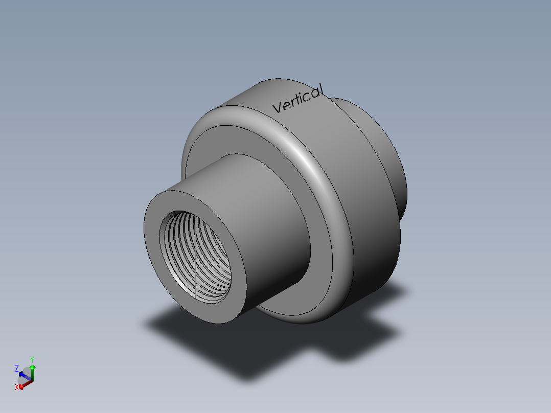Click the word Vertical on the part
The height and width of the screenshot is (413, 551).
coord(298,99)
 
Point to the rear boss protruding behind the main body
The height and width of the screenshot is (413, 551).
coord(388,153)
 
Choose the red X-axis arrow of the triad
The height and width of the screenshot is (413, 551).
coord(24,384)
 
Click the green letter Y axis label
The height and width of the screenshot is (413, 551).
coord(32,359)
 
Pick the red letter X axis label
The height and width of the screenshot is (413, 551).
coord(17,387)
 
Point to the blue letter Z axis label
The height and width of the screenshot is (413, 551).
coord(17,368)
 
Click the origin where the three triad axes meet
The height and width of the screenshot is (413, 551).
coord(31,380)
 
